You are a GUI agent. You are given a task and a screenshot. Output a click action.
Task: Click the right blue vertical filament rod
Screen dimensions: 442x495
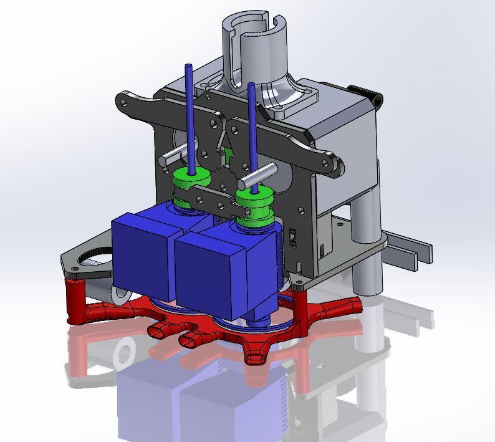[x=252, y=125]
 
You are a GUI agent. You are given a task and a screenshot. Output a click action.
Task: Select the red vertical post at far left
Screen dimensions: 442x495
[x=75, y=299]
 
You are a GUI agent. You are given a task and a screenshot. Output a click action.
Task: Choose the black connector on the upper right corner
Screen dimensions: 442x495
[x=374, y=97]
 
